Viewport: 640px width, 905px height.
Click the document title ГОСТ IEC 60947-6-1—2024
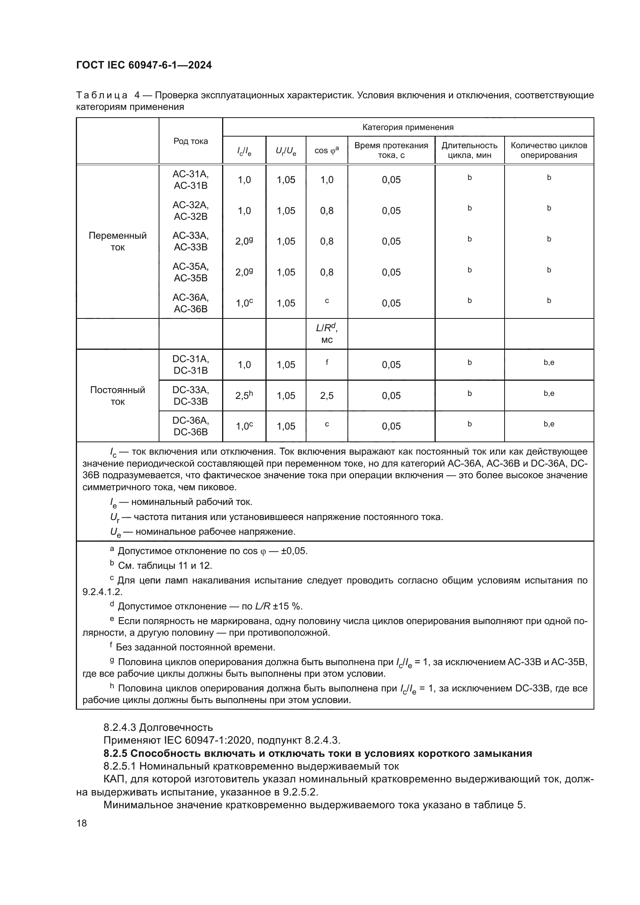(144, 65)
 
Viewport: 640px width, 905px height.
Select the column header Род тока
(190, 141)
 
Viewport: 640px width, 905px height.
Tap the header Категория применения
(407, 127)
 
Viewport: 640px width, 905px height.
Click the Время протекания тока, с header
(391, 150)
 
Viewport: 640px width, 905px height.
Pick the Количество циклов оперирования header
(549, 150)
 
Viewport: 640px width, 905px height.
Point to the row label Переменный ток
(118, 241)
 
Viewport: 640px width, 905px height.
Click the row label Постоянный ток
(118, 395)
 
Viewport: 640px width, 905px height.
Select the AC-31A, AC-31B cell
(190, 180)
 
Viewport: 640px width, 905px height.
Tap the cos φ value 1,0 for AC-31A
(327, 180)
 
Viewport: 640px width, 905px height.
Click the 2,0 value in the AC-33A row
(244, 241)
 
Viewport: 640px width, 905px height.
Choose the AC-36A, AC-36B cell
(190, 303)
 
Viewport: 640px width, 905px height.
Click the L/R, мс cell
(327, 333)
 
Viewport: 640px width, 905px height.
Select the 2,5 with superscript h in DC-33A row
(244, 395)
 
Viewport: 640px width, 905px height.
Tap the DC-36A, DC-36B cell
(190, 426)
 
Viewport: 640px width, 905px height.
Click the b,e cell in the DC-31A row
(549, 363)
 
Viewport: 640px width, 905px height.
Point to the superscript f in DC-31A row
(327, 362)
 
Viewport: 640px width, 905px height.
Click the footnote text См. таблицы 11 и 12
(165, 566)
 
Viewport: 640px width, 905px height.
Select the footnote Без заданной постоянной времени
(195, 647)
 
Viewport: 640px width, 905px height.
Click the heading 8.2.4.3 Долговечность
(158, 727)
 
